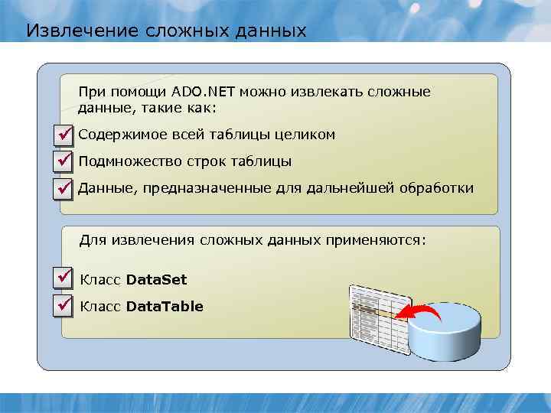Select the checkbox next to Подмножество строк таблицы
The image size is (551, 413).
point(64,161)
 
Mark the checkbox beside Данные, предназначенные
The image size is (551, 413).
point(64,188)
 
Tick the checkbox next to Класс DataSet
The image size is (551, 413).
point(64,279)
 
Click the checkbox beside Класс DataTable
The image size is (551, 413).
point(64,306)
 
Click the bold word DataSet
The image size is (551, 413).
point(156,279)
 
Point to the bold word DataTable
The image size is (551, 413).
point(165,307)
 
